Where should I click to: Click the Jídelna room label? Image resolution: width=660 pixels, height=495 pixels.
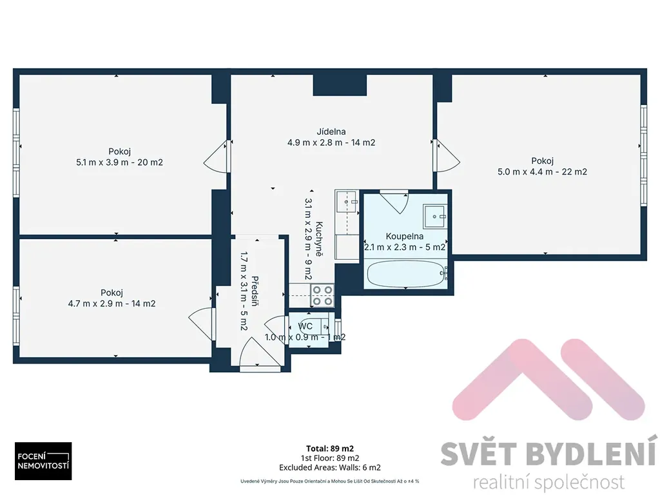click(331, 131)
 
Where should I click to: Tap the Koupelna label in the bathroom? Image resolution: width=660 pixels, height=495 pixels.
click(405, 236)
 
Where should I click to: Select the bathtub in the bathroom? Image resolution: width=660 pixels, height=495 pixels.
click(407, 274)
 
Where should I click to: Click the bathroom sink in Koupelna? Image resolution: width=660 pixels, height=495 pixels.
click(435, 216)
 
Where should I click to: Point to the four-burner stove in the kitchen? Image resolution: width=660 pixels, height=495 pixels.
click(322, 295)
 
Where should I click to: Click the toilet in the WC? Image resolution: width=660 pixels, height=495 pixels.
click(314, 326)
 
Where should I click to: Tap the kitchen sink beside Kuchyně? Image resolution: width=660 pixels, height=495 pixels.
click(347, 202)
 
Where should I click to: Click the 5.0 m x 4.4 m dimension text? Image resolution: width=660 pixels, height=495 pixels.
click(542, 171)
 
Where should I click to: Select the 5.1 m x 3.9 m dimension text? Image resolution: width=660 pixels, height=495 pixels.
click(119, 162)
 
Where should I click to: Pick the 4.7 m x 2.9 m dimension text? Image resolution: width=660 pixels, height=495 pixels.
click(112, 304)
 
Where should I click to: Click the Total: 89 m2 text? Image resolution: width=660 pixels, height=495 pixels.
click(330, 449)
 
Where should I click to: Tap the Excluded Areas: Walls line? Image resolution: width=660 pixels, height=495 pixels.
click(330, 467)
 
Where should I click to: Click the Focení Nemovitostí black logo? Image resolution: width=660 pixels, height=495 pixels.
click(43, 461)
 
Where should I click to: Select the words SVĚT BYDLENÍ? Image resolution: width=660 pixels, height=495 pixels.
click(549, 452)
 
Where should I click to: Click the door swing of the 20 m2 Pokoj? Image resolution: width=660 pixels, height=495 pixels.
click(215, 157)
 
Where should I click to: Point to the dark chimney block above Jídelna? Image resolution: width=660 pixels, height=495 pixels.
click(340, 85)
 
